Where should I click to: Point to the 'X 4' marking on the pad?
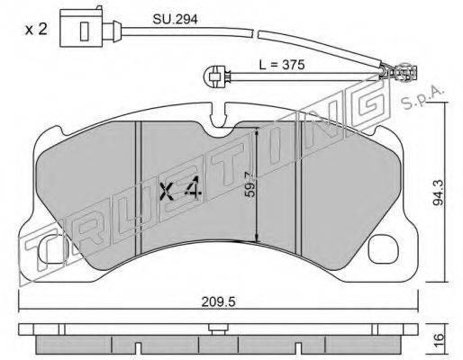(x=178, y=190)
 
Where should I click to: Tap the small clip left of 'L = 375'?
(x=214, y=76)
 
